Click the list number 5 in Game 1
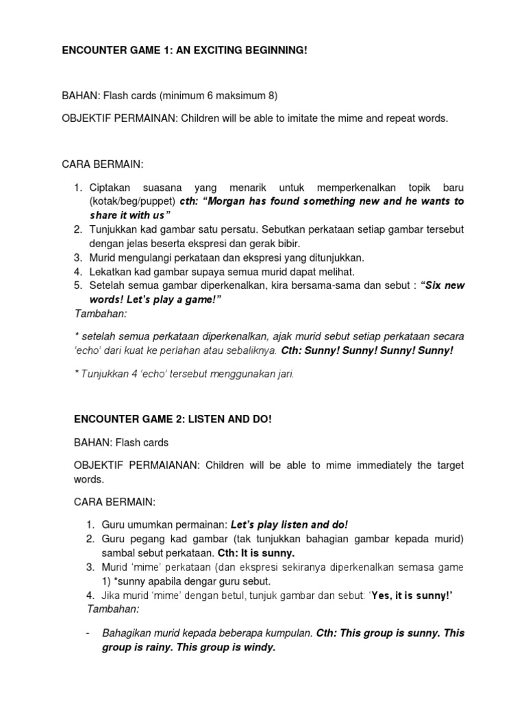pos(78,285)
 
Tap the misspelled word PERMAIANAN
pos(159,466)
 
